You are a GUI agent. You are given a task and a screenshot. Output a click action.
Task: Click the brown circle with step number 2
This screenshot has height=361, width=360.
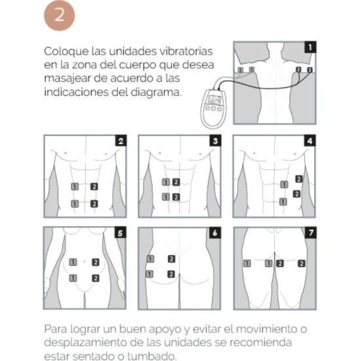pos(60,15)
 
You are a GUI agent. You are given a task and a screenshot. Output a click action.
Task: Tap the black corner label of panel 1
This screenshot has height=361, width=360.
pos(310,47)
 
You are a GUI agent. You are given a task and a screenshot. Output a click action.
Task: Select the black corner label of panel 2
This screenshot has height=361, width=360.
pos(121,140)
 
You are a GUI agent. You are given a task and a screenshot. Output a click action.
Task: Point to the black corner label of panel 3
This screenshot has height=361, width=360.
pos(215,140)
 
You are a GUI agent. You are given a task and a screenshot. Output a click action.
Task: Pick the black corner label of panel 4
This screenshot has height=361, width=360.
pos(310,140)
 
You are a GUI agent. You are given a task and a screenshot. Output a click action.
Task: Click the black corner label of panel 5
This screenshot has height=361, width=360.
pos(120,232)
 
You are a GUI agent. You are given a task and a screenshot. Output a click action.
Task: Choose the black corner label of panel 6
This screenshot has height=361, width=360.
pos(215,232)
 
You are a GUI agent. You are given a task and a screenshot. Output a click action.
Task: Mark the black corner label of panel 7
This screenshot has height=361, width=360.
pos(311,232)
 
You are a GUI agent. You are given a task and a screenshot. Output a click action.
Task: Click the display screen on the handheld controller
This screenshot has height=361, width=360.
pos(214,100)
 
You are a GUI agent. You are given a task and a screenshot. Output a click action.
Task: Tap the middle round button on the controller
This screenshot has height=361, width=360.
pos(214,108)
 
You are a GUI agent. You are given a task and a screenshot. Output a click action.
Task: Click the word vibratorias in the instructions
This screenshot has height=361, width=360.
pos(186,51)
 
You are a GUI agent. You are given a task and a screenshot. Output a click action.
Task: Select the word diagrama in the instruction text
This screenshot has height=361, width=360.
pos(156,93)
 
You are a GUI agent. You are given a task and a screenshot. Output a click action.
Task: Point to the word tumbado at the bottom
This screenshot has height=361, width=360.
pos(151,356)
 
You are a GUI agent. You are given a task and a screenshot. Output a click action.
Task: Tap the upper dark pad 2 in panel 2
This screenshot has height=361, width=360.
pos(94,186)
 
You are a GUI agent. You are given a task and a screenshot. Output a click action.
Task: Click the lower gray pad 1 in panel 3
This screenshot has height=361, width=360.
pos(166,197)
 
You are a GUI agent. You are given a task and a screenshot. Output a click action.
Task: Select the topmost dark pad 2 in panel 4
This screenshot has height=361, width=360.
pos(299,179)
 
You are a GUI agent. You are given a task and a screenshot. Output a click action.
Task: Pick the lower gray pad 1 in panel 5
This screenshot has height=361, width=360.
pos(73,278)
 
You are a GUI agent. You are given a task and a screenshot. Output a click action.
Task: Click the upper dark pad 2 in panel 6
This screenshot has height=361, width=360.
pos(171,259)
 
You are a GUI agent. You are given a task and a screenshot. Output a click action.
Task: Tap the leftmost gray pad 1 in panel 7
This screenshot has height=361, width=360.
pos(247,263)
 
